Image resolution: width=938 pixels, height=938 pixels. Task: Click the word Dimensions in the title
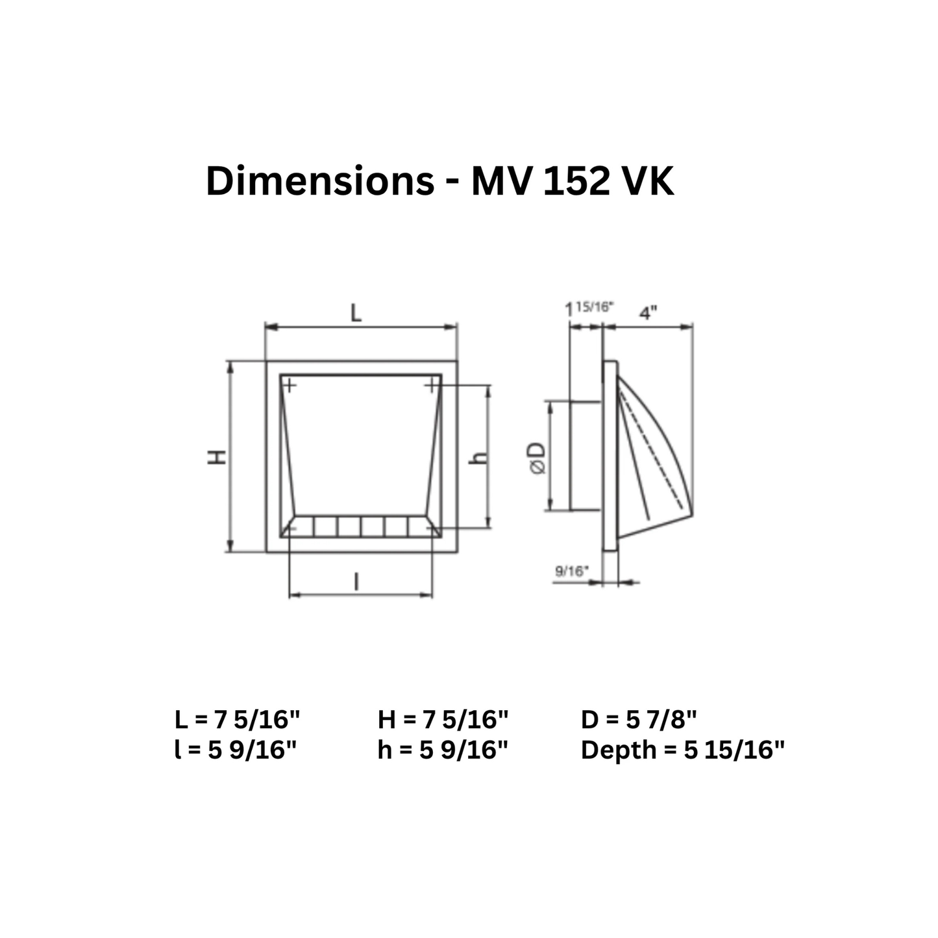click(x=319, y=181)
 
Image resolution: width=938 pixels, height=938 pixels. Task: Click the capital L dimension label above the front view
click(x=356, y=314)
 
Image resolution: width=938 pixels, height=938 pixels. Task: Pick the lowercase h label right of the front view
click(x=479, y=456)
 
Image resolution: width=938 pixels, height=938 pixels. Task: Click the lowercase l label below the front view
click(x=356, y=582)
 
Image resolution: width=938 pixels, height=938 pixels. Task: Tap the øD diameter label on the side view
click(x=538, y=458)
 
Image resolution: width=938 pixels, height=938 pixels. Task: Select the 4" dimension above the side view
click(x=648, y=314)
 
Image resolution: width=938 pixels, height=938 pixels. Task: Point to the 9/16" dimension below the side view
click(x=572, y=571)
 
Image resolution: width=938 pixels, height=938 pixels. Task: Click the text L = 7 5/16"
click(x=238, y=719)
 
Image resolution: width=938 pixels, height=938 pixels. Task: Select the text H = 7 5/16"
click(x=443, y=719)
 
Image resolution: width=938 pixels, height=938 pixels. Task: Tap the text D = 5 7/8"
click(x=639, y=719)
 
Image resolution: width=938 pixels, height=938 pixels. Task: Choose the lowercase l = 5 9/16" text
click(x=236, y=750)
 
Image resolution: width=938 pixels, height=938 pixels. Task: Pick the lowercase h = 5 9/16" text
click(x=442, y=750)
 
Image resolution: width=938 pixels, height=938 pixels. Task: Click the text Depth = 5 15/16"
click(x=682, y=750)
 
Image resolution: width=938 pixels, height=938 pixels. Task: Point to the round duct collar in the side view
click(x=586, y=456)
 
